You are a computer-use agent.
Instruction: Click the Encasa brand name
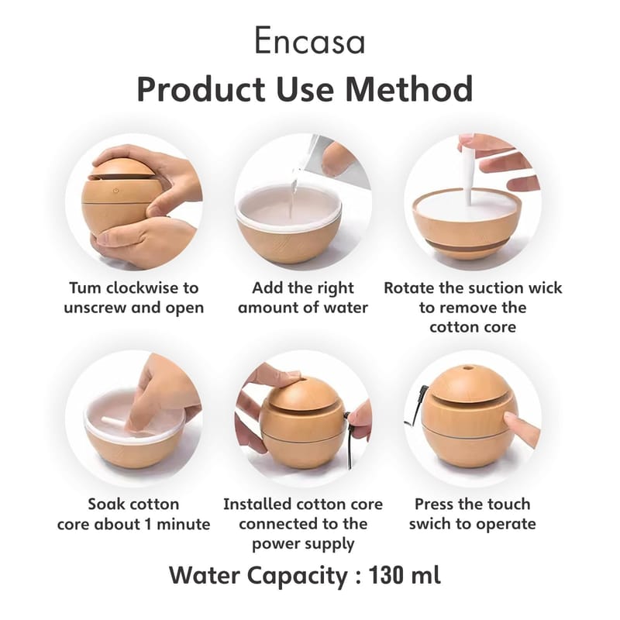(309, 41)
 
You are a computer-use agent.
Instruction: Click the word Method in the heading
(409, 89)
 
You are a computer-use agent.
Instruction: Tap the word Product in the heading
(201, 89)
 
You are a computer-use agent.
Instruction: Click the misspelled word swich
(430, 524)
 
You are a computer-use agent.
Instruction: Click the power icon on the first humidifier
(115, 191)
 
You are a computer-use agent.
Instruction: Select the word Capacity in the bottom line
(297, 577)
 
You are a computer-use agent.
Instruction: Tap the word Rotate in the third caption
(409, 288)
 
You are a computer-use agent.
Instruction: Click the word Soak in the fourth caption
(106, 505)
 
